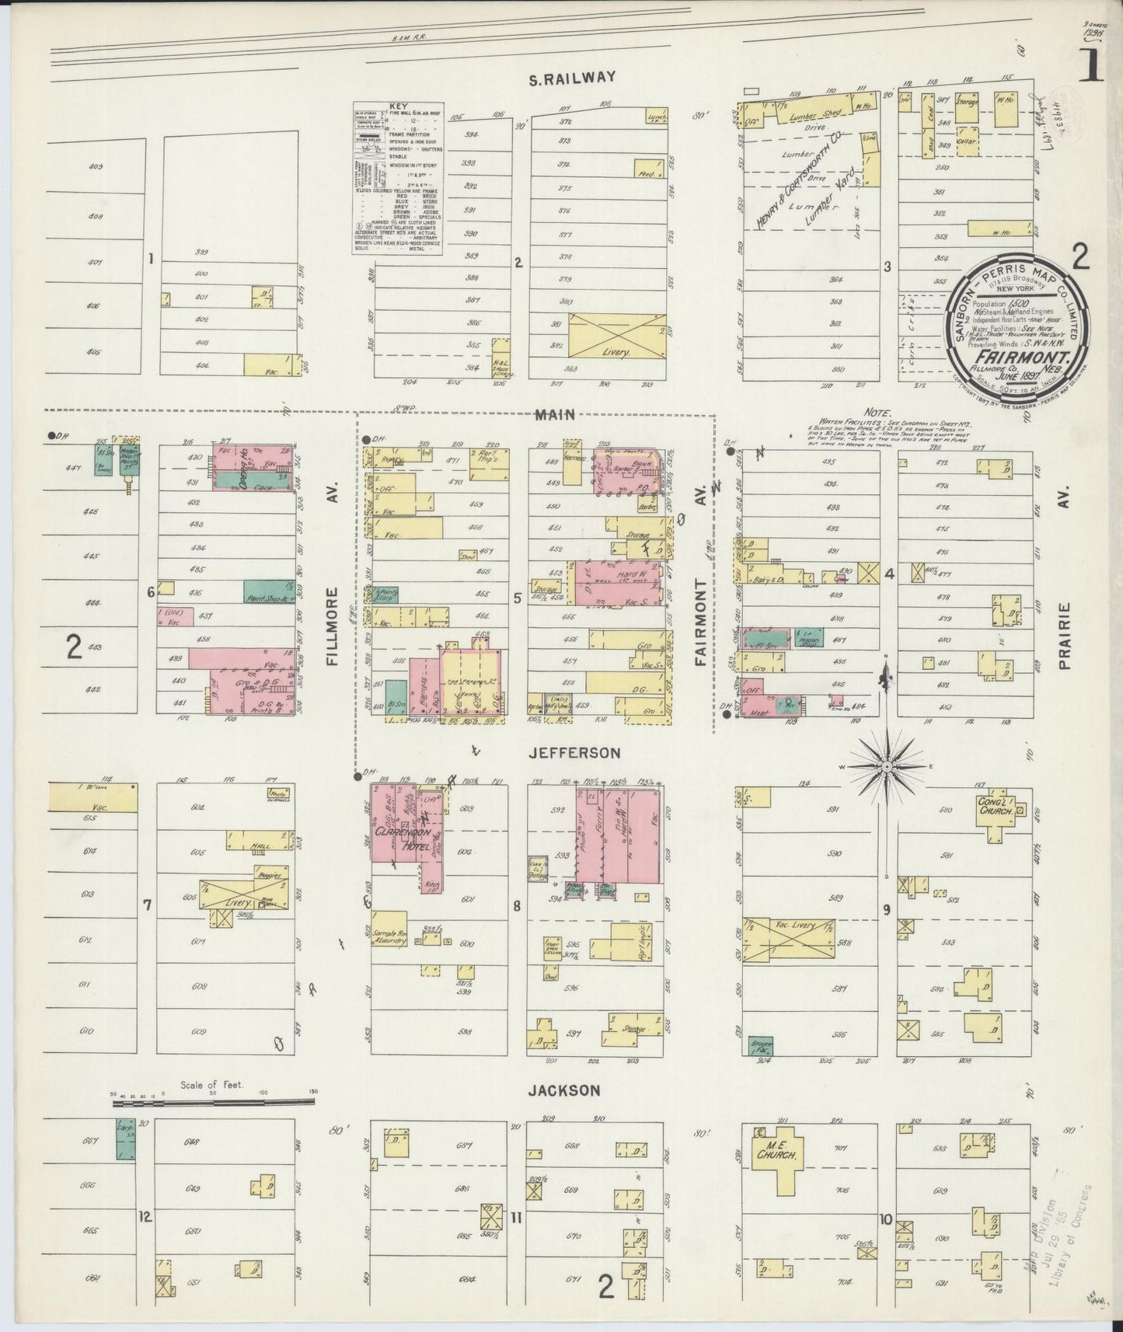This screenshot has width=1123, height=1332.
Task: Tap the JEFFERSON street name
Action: tap(575, 753)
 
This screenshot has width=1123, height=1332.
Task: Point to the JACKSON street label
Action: tap(563, 1090)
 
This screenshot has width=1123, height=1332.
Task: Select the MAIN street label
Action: tap(555, 415)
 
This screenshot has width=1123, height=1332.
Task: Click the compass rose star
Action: tap(886, 766)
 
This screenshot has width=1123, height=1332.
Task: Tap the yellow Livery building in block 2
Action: tap(617, 335)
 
